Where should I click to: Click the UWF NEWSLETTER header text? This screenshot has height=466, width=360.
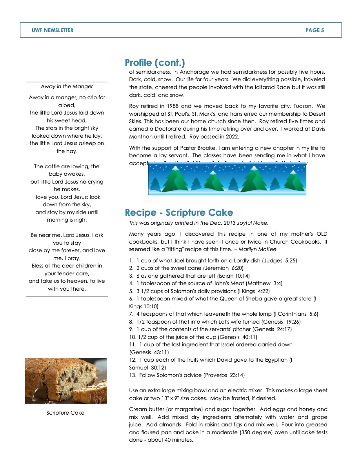53,30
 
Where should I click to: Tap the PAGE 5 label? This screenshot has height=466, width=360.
315,30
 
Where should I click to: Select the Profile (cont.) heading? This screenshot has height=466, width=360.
155,63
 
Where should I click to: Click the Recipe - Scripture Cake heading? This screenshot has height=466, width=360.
179,213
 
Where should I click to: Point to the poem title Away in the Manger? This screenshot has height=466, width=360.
67,87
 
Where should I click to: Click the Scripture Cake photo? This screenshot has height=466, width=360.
66,380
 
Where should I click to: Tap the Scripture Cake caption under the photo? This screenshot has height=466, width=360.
65,413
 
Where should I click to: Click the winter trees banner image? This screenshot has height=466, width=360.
227,179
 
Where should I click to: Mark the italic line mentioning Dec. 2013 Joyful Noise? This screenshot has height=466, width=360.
199,223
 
